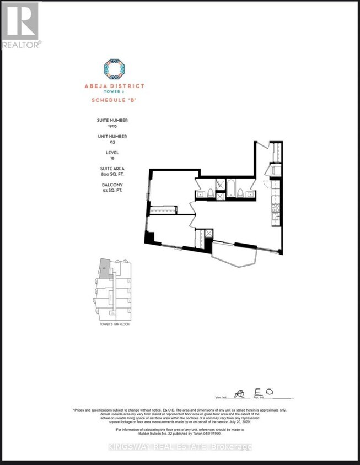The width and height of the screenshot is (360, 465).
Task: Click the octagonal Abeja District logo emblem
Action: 114,69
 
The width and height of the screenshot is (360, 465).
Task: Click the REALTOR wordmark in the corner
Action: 21,44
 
